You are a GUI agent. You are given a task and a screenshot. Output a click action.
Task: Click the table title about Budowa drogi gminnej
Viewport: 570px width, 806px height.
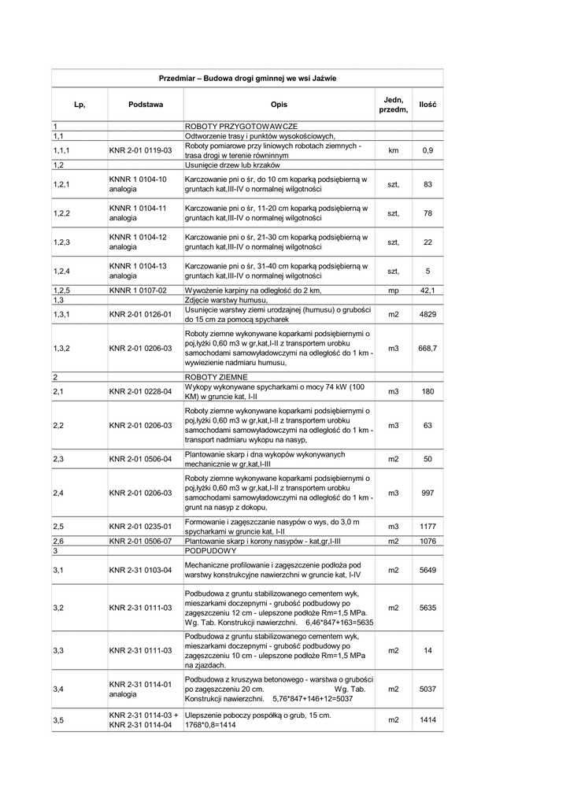(x=247, y=79)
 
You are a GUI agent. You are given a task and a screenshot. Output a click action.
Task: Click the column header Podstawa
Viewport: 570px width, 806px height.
(x=146, y=105)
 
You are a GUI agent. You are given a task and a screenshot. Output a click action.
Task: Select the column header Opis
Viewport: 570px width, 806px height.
(x=279, y=105)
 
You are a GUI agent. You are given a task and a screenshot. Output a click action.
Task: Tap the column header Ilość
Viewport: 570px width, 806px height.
(x=427, y=105)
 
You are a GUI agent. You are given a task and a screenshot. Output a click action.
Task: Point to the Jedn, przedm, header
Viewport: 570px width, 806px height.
(x=394, y=105)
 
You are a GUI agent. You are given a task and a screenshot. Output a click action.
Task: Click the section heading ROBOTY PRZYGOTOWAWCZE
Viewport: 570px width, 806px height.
(x=240, y=126)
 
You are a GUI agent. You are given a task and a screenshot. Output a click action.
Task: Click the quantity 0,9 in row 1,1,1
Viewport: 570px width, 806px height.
(x=427, y=150)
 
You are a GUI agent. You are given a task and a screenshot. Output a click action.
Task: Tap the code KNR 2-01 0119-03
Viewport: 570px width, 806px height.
(x=140, y=150)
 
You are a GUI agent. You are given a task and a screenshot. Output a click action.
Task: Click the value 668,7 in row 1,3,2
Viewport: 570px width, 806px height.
(x=427, y=348)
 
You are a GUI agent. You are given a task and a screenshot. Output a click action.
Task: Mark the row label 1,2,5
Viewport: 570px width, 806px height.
(x=62, y=290)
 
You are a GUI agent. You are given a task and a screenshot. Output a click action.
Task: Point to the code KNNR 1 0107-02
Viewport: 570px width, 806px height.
(x=138, y=290)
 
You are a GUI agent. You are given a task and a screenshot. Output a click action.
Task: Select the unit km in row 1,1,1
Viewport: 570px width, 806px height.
(x=394, y=150)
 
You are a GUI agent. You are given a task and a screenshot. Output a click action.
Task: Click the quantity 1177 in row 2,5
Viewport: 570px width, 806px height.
(x=427, y=527)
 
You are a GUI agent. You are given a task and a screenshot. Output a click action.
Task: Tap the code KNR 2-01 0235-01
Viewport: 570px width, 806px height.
(x=140, y=527)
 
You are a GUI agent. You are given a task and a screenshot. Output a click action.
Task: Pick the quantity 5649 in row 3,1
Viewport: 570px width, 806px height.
(x=427, y=571)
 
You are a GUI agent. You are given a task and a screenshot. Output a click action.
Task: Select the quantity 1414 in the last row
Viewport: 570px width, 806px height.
(x=427, y=720)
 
